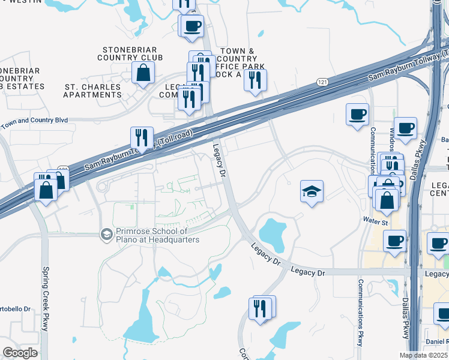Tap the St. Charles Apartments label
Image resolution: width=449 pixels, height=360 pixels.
pos(92,91)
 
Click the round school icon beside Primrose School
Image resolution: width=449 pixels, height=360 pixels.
pos(107,233)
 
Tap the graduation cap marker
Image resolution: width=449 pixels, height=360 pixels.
pos(312,192)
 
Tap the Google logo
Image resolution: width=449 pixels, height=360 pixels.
pos(20,352)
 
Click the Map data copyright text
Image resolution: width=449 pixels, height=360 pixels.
pos(424,355)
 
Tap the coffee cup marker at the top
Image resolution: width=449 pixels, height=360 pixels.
pos(192,26)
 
